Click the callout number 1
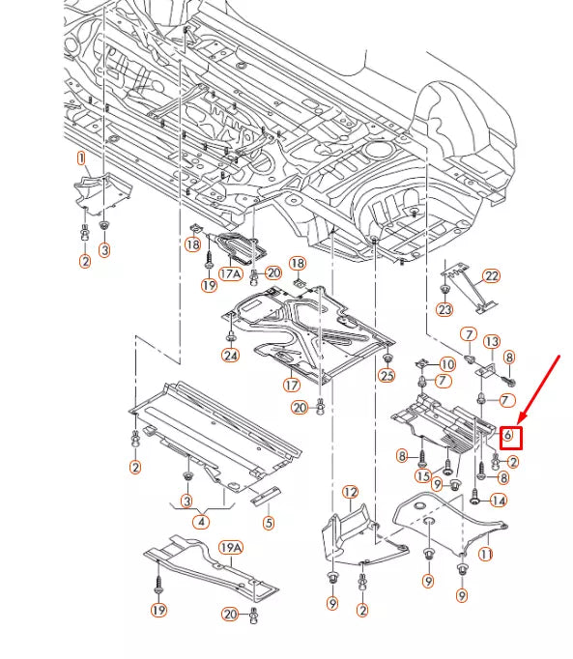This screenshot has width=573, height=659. point(81,158)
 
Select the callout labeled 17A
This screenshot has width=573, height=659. point(231,274)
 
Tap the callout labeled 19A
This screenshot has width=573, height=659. point(231,548)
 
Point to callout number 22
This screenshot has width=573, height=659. point(492,276)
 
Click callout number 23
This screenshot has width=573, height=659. point(444,309)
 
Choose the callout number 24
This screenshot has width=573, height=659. point(230,356)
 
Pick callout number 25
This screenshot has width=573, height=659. point(387,375)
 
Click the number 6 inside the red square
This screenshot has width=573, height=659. point(508,435)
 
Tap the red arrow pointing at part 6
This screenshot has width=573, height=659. point(539,389)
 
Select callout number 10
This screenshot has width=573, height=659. point(447,364)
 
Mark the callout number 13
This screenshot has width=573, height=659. point(492,342)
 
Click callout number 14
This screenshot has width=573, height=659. point(499,501)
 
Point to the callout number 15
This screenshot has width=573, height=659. point(423,476)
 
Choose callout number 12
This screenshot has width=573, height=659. point(350,492)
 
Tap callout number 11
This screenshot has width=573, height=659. point(486,555)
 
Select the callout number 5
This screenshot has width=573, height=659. point(269,523)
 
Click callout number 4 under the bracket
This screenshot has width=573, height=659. point(201,522)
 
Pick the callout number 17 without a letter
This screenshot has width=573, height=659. point(292,385)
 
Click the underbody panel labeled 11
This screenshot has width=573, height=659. point(450,527)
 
